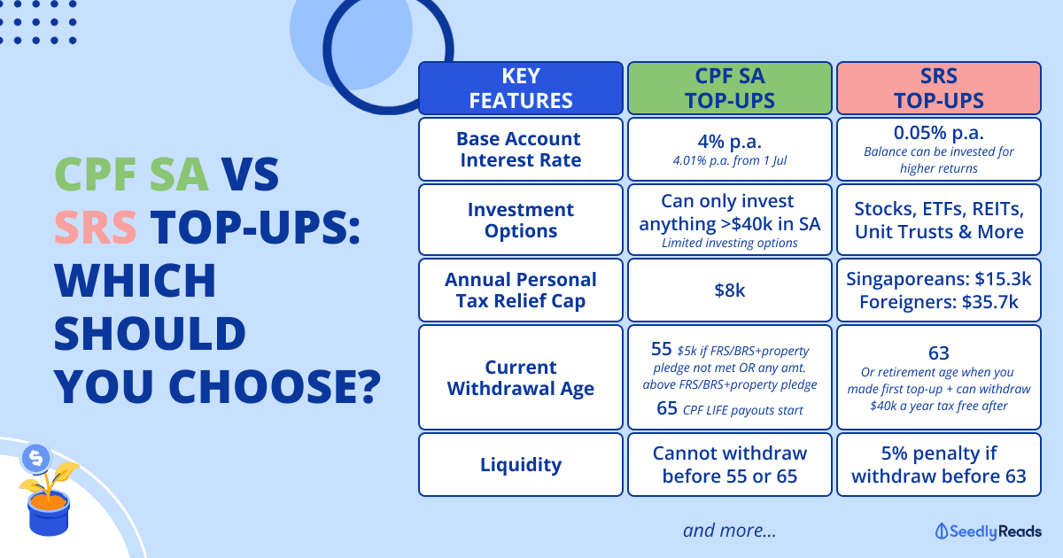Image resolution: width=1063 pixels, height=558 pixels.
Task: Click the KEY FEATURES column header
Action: pyautogui.click(x=521, y=89)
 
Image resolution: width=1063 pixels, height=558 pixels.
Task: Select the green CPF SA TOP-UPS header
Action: pyautogui.click(x=729, y=89)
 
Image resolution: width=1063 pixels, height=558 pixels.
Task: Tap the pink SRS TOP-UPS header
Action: pyautogui.click(x=939, y=89)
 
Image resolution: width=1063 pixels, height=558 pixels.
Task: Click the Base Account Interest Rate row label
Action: pyautogui.click(x=521, y=149)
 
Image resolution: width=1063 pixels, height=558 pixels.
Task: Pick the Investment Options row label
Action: pyautogui.click(x=521, y=220)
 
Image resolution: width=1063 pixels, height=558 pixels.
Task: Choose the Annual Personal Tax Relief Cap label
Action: pyautogui.click(x=521, y=290)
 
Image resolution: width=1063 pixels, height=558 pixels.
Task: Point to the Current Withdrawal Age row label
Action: pyautogui.click(x=521, y=377)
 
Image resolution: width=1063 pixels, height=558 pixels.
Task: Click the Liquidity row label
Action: pyautogui.click(x=521, y=464)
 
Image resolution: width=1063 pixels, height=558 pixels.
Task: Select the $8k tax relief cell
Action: pyautogui.click(x=729, y=290)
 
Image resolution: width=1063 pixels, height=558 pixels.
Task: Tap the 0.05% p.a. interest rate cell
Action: pyautogui.click(x=939, y=149)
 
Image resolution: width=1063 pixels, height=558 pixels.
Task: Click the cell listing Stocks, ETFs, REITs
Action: pyautogui.click(x=939, y=220)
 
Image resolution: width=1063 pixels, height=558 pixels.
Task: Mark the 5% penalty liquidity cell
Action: pyautogui.click(x=939, y=464)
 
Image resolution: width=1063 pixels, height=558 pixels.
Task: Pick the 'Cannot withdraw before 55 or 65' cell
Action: pyautogui.click(x=729, y=464)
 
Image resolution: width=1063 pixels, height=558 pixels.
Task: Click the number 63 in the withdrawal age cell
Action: pyautogui.click(x=939, y=353)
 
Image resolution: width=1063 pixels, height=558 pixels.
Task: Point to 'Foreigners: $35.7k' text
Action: pyautogui.click(x=939, y=302)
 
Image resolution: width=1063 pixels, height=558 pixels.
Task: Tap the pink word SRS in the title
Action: pyautogui.click(x=96, y=228)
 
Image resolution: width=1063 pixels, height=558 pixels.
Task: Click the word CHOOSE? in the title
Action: pyautogui.click(x=275, y=386)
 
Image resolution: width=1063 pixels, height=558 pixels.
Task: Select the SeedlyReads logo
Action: pyautogui.click(x=988, y=531)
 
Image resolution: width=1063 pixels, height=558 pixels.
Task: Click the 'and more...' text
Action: pyautogui.click(x=729, y=531)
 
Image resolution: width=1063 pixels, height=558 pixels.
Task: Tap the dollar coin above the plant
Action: pyautogui.click(x=35, y=459)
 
